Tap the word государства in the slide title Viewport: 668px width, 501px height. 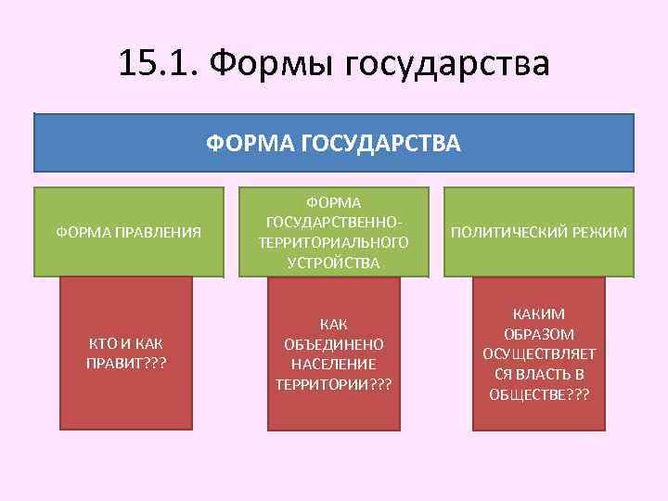448,64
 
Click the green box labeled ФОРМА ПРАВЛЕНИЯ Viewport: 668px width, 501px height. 129,232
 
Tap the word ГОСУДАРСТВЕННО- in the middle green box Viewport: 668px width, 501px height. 335,222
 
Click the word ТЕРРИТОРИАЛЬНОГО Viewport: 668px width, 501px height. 334,242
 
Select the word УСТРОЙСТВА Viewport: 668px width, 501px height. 334,263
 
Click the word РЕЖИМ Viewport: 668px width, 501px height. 600,231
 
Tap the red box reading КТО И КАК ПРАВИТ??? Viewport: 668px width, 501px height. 126,353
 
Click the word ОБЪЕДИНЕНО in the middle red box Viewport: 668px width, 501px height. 334,343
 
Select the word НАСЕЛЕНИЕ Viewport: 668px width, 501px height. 334,363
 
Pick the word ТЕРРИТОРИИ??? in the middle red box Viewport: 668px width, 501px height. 334,383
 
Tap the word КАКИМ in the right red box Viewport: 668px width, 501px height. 539,314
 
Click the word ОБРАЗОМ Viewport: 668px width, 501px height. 539,334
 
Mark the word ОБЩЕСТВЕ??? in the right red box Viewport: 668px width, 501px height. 539,393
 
